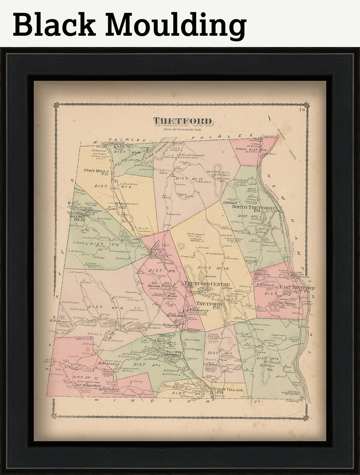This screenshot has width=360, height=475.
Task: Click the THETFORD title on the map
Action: tap(182, 121)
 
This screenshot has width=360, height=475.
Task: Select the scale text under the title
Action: tap(182, 130)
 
